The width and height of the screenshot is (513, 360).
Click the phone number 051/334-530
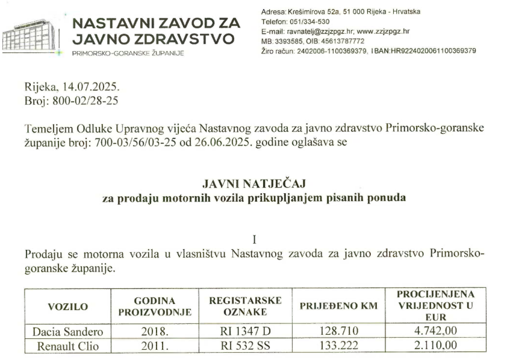[x=308, y=22]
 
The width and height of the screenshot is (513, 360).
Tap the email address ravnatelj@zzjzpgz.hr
[x=320, y=31]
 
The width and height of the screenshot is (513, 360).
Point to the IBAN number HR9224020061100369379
[x=425, y=51]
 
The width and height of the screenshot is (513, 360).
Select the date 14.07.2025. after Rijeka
[x=89, y=87]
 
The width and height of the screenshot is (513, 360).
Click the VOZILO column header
[x=67, y=306]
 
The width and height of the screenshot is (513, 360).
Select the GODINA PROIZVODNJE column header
[x=154, y=306]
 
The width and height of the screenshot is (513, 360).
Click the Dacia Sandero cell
[x=67, y=332]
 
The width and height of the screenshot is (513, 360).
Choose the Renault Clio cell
[x=67, y=346]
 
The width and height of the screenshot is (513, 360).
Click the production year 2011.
[x=154, y=346]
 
